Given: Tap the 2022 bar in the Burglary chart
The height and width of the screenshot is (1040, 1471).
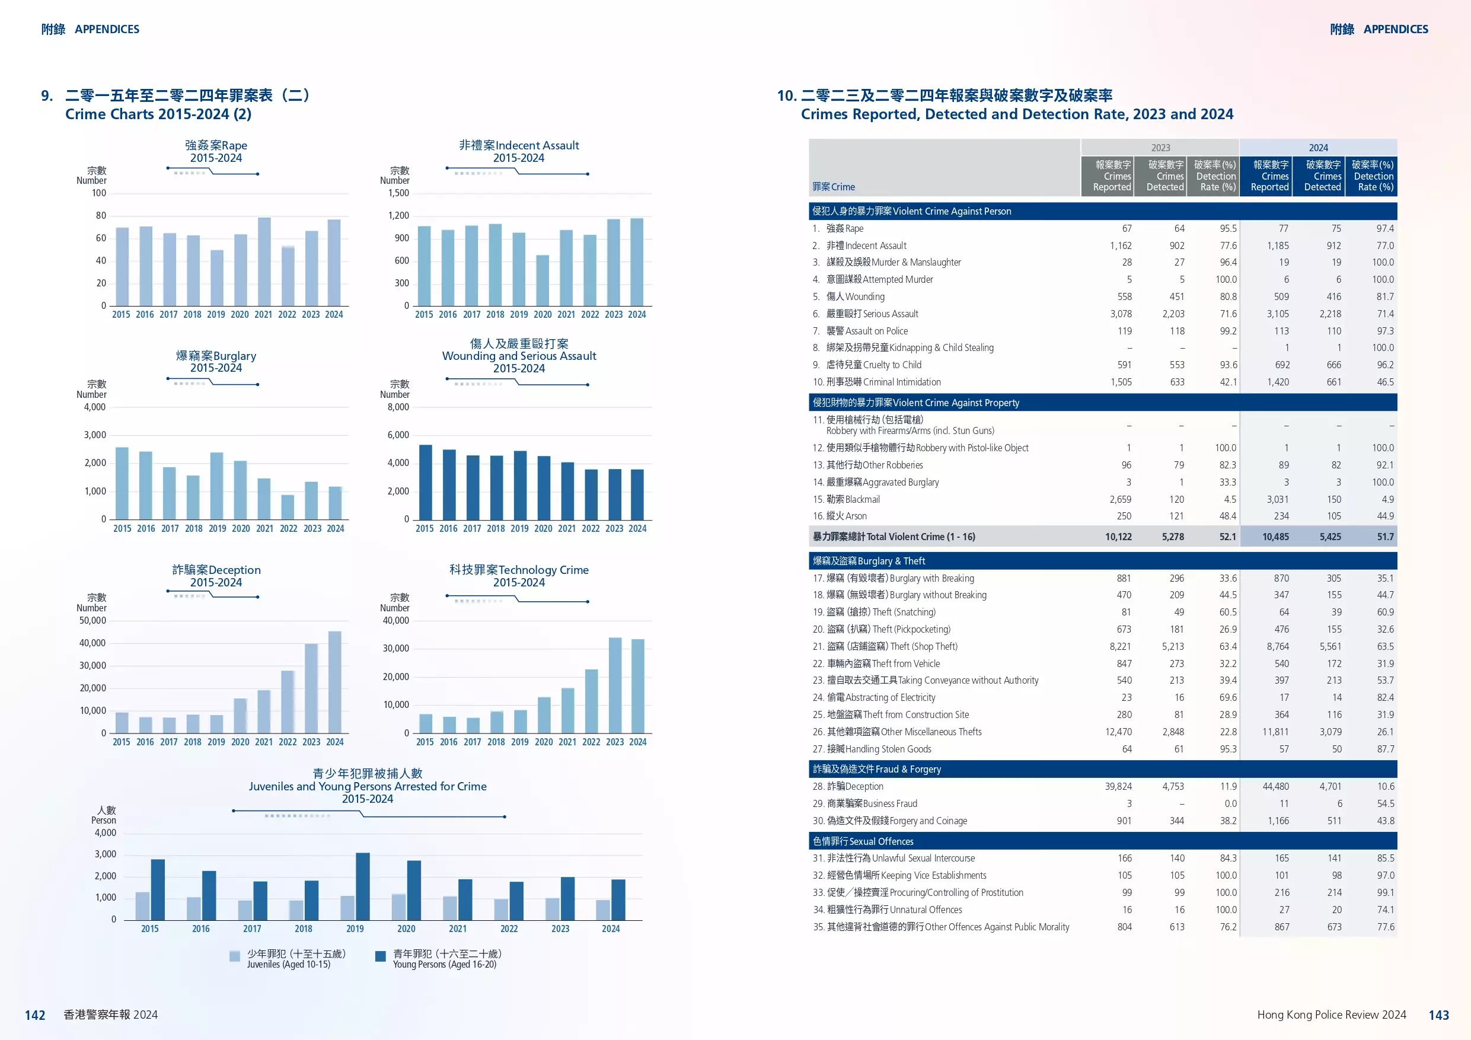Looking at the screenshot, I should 288,507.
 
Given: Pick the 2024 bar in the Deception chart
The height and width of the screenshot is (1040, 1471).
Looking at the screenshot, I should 334,682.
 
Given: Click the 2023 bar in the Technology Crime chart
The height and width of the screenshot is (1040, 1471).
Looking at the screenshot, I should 614,685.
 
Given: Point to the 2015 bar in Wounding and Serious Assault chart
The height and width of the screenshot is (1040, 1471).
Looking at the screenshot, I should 425,482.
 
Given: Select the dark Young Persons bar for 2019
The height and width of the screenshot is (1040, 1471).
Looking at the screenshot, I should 363,886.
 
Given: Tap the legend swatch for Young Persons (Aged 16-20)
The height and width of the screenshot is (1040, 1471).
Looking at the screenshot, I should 381,956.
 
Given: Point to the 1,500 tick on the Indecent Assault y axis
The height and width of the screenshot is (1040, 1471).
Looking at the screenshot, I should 398,193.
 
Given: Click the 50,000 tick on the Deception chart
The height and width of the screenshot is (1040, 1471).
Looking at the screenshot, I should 93,620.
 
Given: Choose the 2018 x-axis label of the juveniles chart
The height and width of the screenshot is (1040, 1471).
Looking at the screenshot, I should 304,929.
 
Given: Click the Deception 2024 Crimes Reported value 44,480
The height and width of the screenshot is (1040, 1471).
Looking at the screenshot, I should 1275,786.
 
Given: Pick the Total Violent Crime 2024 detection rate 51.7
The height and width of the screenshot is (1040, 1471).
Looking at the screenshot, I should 1385,537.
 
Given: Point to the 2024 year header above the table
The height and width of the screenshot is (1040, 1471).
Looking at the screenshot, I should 1318,148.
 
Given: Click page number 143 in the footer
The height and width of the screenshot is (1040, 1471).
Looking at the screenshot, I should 1438,1015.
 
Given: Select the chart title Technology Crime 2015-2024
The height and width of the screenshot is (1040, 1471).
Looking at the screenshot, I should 518,575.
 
